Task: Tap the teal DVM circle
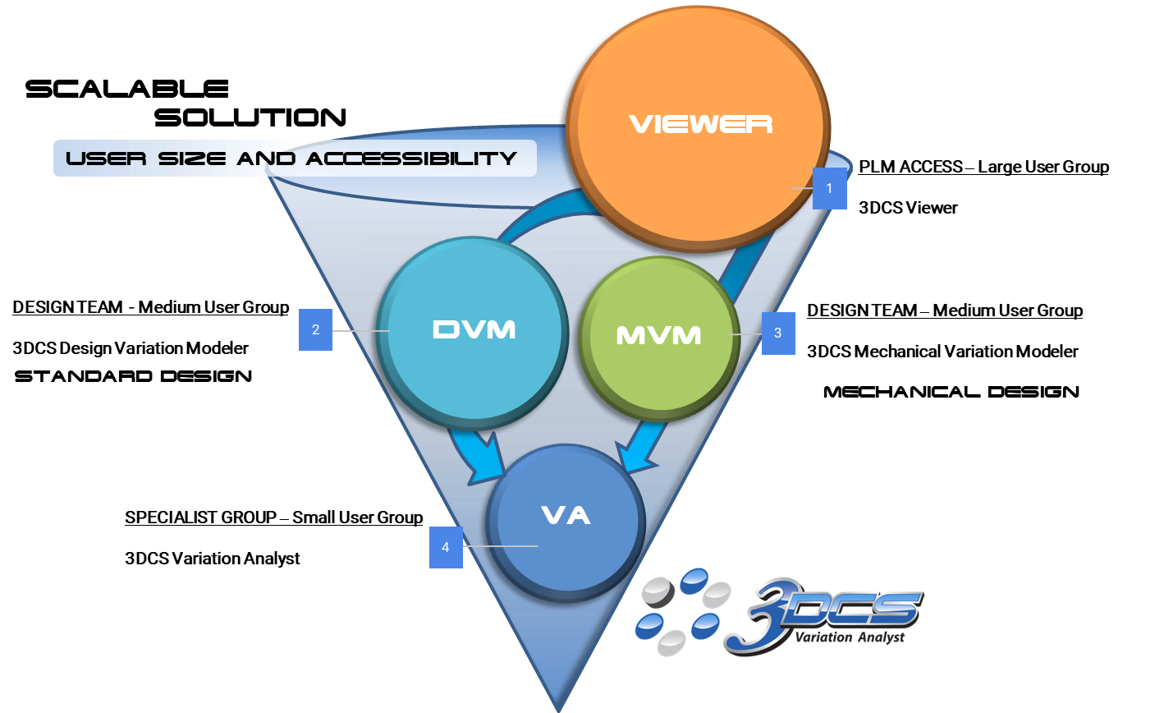point(474,330)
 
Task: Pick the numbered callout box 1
point(829,188)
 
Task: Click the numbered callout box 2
point(315,330)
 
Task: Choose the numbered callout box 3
point(777,333)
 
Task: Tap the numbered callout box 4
point(446,546)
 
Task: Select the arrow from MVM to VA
point(635,448)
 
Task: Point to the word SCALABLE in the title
point(127,89)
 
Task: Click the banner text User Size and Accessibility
point(292,158)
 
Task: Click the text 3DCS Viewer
point(907,208)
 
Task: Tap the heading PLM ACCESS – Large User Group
point(983,167)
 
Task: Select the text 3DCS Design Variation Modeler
point(131,348)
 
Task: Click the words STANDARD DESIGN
point(133,376)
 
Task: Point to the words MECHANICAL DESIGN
point(951,392)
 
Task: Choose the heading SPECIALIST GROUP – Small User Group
point(273,517)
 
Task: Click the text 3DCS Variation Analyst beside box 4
point(213,559)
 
